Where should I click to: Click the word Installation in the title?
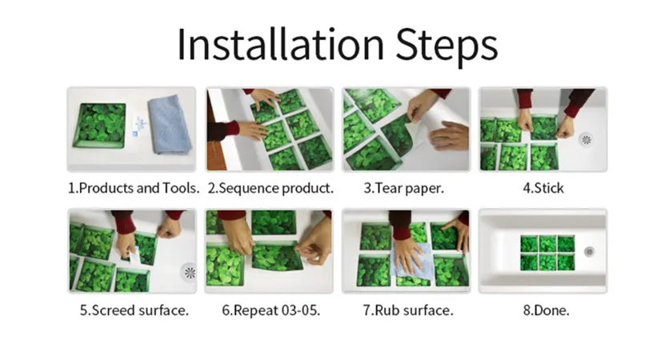point(280,44)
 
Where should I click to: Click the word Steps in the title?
point(447,46)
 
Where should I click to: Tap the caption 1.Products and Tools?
point(134,188)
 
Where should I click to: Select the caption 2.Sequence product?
point(270,188)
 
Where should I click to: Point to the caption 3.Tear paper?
point(404,188)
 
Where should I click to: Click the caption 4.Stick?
point(543,188)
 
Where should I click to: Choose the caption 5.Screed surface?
point(134,310)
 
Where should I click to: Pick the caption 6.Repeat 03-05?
point(270,310)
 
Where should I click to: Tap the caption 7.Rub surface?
point(408,310)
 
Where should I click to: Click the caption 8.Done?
point(546,310)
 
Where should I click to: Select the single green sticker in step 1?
point(100,126)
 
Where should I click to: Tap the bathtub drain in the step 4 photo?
point(587,139)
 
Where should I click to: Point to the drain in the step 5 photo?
point(190,273)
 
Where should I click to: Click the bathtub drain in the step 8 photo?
point(589,251)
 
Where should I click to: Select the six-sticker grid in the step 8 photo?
point(547,252)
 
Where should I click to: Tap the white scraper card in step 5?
point(134,255)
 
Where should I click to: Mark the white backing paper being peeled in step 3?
point(425,122)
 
